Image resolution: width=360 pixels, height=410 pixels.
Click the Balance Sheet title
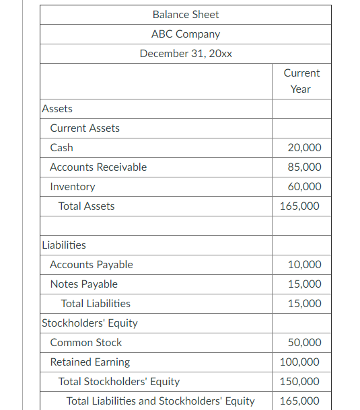point(186,14)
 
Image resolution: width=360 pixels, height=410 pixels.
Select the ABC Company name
point(186,34)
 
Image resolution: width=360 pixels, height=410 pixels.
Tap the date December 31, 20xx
point(186,53)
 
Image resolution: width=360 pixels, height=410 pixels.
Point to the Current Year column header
point(301,81)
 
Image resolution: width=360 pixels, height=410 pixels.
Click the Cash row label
point(62,147)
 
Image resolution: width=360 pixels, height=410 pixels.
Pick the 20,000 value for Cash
point(304,147)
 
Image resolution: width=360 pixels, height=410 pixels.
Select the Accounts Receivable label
point(98,167)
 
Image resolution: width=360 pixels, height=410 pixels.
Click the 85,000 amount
point(304,167)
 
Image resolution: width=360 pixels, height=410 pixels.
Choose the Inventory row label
point(73,186)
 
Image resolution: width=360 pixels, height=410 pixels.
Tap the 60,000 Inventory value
point(304,186)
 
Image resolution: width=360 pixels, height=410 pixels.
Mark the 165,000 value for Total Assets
point(300,206)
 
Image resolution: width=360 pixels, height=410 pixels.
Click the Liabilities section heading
point(64,245)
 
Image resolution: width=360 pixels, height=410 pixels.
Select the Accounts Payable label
point(92,264)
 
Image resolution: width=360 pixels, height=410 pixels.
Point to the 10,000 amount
point(304,264)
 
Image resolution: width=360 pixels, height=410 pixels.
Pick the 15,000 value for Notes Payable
point(304,284)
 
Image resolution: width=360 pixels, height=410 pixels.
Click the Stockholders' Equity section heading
point(89,323)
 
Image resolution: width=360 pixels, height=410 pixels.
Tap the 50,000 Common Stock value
point(304,342)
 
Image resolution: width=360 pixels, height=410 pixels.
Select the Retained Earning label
point(90,362)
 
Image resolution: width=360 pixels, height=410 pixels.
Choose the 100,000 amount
point(300,362)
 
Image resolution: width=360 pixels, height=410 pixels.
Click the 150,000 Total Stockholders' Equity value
point(300,381)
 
